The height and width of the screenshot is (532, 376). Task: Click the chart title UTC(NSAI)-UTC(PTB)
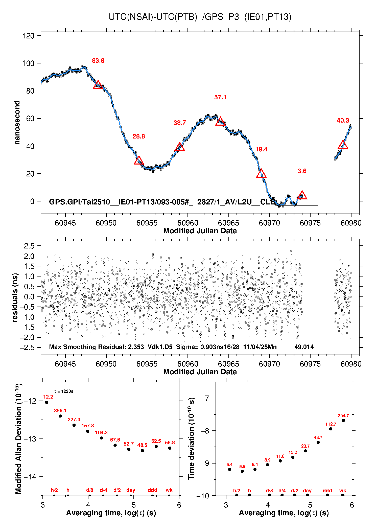(153, 17)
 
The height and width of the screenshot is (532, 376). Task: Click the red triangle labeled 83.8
(98, 85)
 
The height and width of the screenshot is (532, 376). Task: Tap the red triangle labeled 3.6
(302, 195)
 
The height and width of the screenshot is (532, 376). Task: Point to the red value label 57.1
(220, 97)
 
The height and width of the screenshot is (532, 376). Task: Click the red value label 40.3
(343, 121)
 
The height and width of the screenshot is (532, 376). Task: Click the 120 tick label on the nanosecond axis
(28, 36)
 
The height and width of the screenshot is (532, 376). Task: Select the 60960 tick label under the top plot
(188, 223)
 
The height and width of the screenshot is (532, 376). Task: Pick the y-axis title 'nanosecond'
(17, 123)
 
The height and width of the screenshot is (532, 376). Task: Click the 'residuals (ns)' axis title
(15, 297)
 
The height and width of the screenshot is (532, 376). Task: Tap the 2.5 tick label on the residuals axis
(29, 246)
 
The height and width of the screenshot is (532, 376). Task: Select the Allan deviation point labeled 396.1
(60, 416)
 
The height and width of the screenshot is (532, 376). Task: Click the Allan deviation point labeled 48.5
(143, 451)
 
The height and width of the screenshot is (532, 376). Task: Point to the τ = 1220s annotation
(64, 391)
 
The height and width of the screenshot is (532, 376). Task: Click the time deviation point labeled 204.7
(343, 421)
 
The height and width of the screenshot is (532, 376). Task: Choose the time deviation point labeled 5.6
(242, 471)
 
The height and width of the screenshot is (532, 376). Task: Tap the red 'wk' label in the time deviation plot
(343, 491)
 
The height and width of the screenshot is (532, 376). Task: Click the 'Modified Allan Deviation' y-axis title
(18, 439)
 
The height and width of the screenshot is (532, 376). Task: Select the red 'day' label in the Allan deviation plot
(131, 490)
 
